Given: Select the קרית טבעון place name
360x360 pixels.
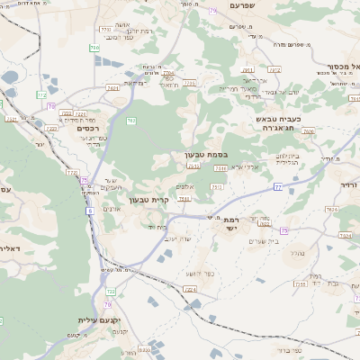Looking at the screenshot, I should click(x=148, y=199).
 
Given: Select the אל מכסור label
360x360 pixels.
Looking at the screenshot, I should click(x=342, y=66).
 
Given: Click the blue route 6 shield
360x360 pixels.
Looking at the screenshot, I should click(x=90, y=211).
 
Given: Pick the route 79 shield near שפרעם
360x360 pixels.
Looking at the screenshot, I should click(x=212, y=11).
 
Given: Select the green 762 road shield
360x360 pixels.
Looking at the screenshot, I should click(x=131, y=120).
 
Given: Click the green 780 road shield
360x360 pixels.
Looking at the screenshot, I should click(x=94, y=47).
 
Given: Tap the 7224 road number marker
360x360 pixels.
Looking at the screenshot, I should click(x=189, y=289).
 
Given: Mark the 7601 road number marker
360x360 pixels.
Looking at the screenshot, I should click(x=112, y=88).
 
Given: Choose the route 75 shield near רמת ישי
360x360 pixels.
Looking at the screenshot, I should click(x=283, y=231).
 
